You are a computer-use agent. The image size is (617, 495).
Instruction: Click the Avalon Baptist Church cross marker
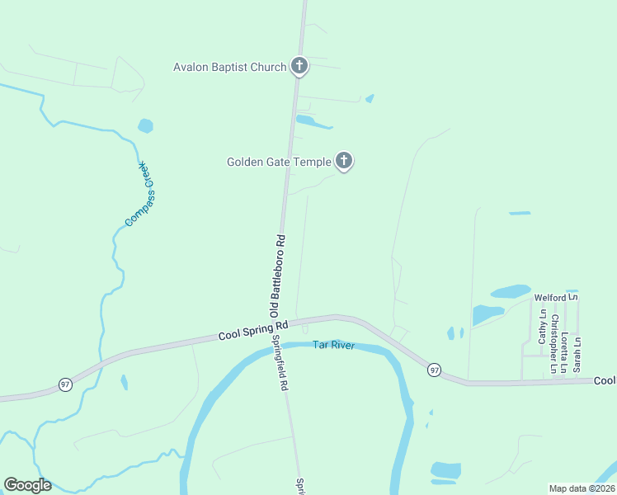[299, 66]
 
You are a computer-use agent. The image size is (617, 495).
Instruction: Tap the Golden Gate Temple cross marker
[344, 161]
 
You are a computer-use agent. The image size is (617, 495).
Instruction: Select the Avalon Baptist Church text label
[229, 67]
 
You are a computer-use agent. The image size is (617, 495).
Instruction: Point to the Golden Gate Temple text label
[279, 162]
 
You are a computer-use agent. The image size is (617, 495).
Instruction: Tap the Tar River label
[333, 345]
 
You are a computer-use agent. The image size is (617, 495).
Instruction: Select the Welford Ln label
[556, 297]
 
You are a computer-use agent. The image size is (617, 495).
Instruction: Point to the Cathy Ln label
[543, 327]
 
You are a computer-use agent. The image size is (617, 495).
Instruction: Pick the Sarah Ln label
[577, 352]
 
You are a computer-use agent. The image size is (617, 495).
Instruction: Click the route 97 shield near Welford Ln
[434, 370]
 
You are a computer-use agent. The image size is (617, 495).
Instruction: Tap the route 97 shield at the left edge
[64, 384]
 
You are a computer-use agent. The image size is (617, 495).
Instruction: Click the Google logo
[27, 485]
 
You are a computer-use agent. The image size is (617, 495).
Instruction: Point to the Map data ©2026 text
[582, 488]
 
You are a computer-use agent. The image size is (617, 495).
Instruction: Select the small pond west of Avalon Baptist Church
[146, 126]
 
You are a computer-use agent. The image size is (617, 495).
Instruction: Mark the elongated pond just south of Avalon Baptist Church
[313, 122]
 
